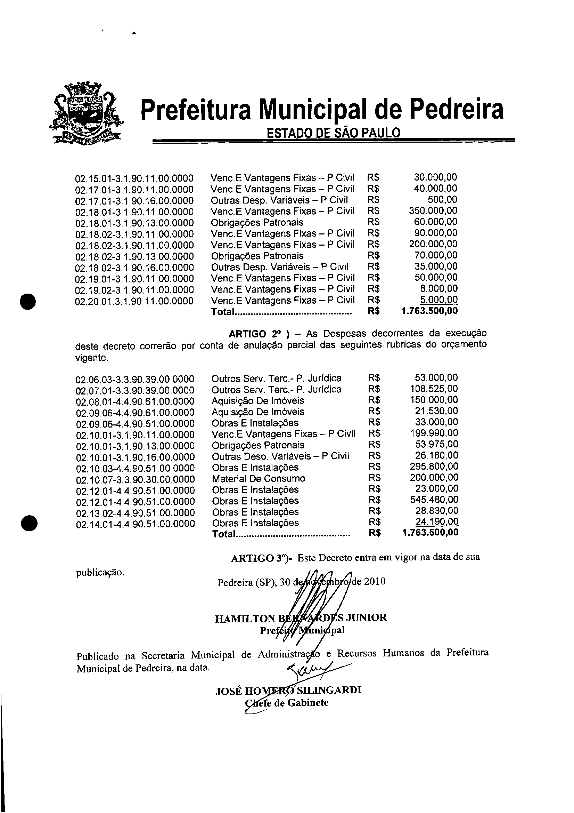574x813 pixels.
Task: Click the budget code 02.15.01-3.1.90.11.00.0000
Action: click(134, 178)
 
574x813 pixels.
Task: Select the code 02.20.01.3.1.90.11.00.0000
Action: click(134, 301)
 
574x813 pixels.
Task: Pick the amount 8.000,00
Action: click(438, 289)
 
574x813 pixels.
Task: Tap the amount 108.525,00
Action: click(434, 389)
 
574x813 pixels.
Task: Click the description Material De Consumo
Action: click(259, 479)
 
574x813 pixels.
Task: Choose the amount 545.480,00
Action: click(434, 500)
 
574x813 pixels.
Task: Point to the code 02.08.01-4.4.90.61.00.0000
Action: click(135, 401)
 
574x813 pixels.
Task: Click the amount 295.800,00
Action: click(434, 467)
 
